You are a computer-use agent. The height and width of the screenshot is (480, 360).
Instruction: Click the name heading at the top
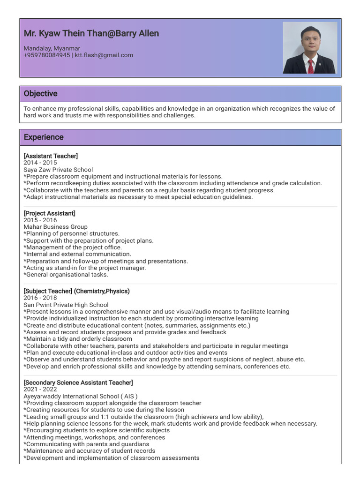click(91, 33)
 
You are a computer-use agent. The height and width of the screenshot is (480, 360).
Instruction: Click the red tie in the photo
click(310, 66)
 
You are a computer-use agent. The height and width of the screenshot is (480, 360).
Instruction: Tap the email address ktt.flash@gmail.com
click(104, 55)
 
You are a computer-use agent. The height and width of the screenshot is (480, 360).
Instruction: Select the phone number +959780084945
click(46, 55)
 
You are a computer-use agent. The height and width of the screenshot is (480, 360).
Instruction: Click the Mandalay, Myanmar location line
click(52, 48)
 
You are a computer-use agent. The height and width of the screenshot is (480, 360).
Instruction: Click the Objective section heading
click(40, 94)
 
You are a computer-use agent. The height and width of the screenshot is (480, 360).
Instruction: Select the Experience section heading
click(44, 137)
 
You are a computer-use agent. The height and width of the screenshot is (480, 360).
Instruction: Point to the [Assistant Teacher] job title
click(51, 156)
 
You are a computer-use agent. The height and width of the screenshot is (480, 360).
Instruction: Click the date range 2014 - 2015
click(40, 163)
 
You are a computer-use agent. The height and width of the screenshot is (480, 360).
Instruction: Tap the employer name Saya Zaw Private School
click(58, 170)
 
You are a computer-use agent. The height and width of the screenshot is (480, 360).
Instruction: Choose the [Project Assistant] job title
click(49, 213)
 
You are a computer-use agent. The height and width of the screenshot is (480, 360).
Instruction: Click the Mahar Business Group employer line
click(55, 227)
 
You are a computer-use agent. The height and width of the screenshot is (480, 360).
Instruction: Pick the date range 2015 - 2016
click(40, 220)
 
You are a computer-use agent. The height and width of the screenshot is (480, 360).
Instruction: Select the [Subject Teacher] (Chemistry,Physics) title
click(76, 291)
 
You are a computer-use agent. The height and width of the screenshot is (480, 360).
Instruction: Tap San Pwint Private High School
click(66, 305)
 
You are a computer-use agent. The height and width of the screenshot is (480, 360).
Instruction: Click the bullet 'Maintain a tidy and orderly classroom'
click(77, 339)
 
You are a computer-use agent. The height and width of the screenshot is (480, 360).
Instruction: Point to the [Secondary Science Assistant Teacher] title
click(78, 382)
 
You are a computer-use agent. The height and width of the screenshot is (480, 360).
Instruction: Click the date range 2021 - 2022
click(40, 390)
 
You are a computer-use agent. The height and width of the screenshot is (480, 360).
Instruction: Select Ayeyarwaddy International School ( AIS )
click(80, 396)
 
